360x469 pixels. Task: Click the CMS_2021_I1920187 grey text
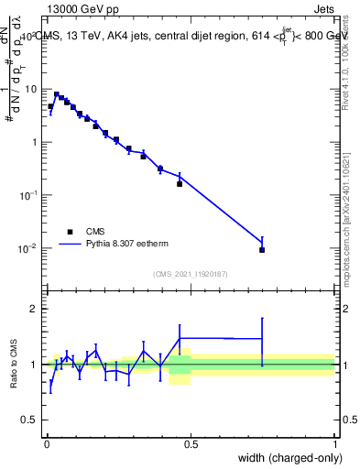click(191, 272)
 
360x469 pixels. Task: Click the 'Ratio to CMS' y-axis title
click(14, 365)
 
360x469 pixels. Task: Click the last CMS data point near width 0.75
click(262, 249)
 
